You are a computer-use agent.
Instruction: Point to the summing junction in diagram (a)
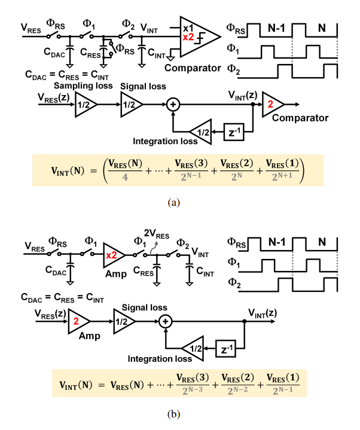173,104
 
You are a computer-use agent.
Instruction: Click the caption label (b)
174,414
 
